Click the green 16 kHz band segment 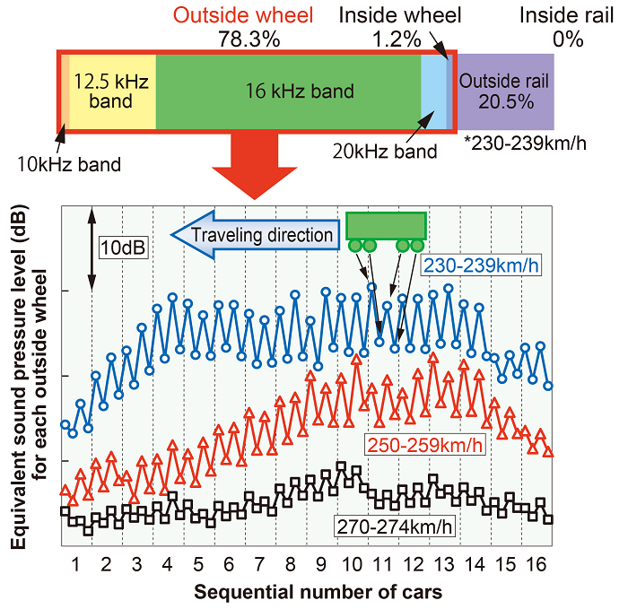(x=288, y=91)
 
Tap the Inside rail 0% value (x=568, y=39)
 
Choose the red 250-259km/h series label (x=424, y=445)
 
